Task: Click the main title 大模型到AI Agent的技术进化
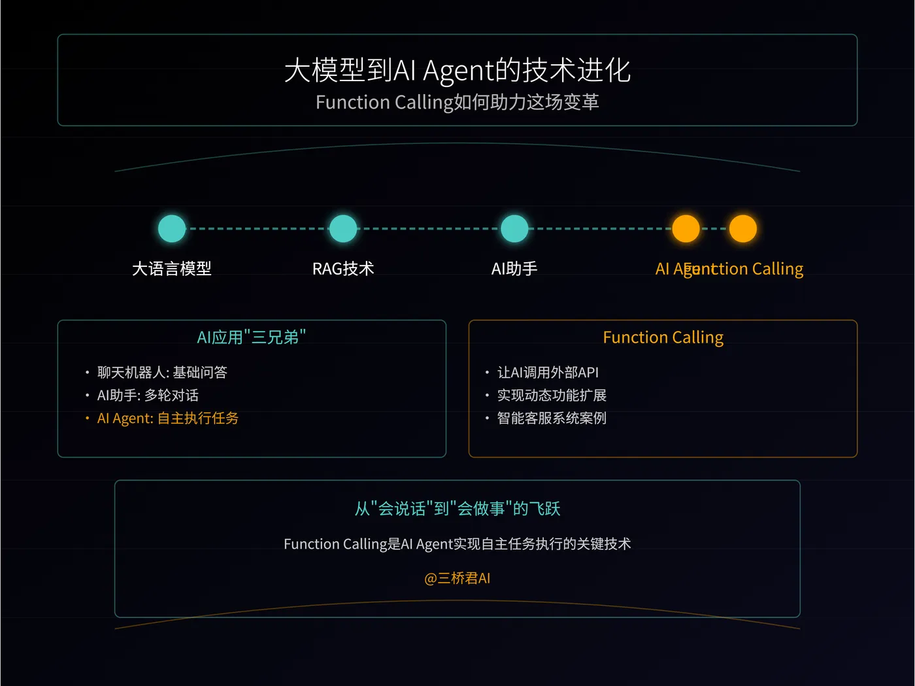tap(457, 71)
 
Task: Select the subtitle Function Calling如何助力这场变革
tap(457, 103)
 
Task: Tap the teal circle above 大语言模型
tap(172, 229)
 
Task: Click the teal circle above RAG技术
tap(343, 229)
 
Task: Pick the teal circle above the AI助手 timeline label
tap(514, 229)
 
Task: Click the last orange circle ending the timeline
tap(743, 229)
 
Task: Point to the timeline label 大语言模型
tap(172, 269)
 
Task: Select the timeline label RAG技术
tap(343, 269)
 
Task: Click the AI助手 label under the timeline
tap(514, 269)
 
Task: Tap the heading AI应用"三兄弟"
tap(252, 337)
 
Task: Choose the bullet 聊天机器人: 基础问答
tap(162, 373)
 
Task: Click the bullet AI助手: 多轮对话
tap(148, 396)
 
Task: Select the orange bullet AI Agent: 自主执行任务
tap(168, 419)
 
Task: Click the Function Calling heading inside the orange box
tap(663, 337)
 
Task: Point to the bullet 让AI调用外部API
tap(548, 373)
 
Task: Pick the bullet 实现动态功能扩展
tap(552, 396)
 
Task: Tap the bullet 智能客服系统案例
tap(552, 419)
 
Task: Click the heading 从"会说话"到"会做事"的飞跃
tap(457, 509)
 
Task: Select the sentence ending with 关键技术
tap(457, 544)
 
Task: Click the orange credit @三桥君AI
tap(457, 579)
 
